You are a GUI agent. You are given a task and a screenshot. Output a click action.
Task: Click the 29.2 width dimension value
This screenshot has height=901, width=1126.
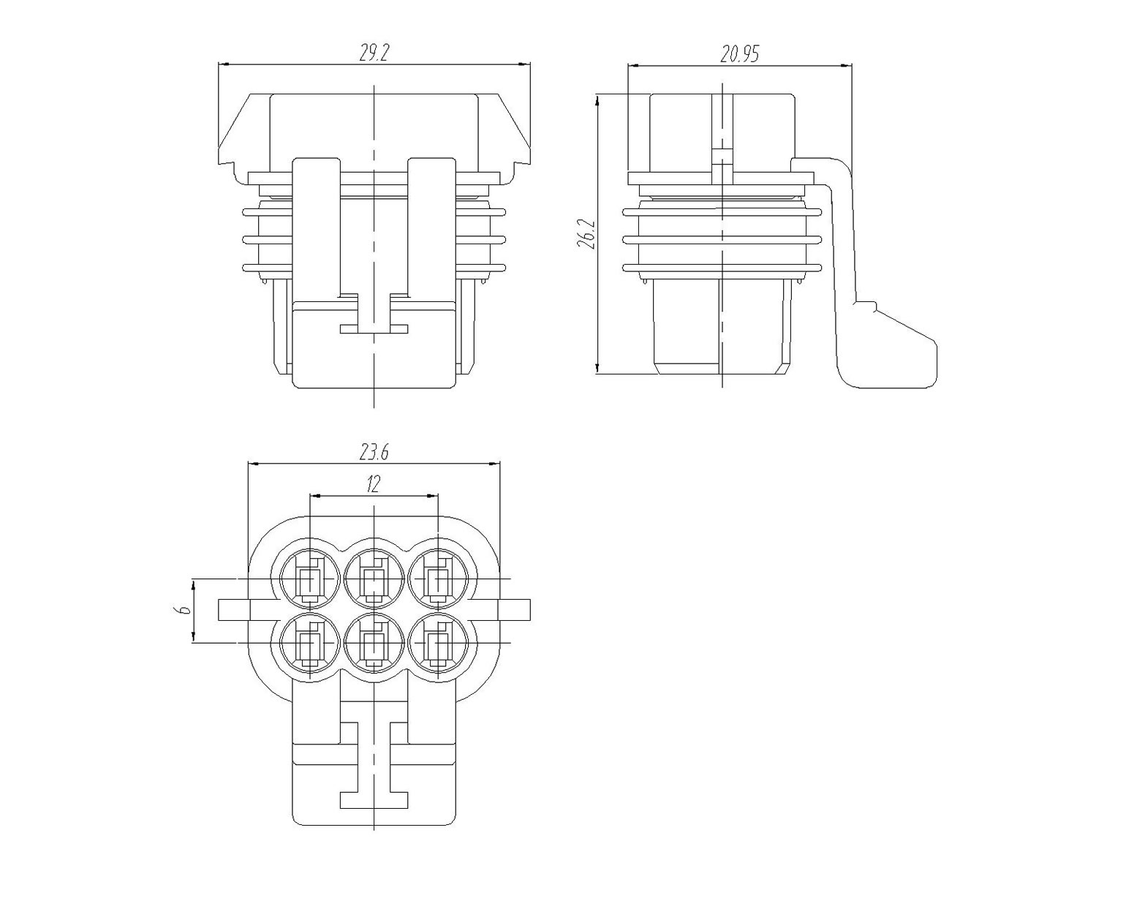374,53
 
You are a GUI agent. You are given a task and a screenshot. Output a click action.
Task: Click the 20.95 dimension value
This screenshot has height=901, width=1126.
739,53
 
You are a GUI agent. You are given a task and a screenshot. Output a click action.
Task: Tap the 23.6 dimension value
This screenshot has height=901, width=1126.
374,452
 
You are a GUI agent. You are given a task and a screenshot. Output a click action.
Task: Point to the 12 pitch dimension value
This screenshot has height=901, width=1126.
373,484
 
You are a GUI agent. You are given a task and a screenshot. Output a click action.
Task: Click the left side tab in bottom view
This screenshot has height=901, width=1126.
234,610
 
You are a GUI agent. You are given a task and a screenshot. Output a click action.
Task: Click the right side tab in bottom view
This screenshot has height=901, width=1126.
514,610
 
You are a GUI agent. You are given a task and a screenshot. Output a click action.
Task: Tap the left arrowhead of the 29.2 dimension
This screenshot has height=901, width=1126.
224,64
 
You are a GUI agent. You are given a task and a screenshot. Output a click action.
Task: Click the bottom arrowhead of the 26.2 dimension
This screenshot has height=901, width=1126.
598,368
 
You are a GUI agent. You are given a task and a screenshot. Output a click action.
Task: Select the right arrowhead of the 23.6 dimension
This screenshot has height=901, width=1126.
494,464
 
